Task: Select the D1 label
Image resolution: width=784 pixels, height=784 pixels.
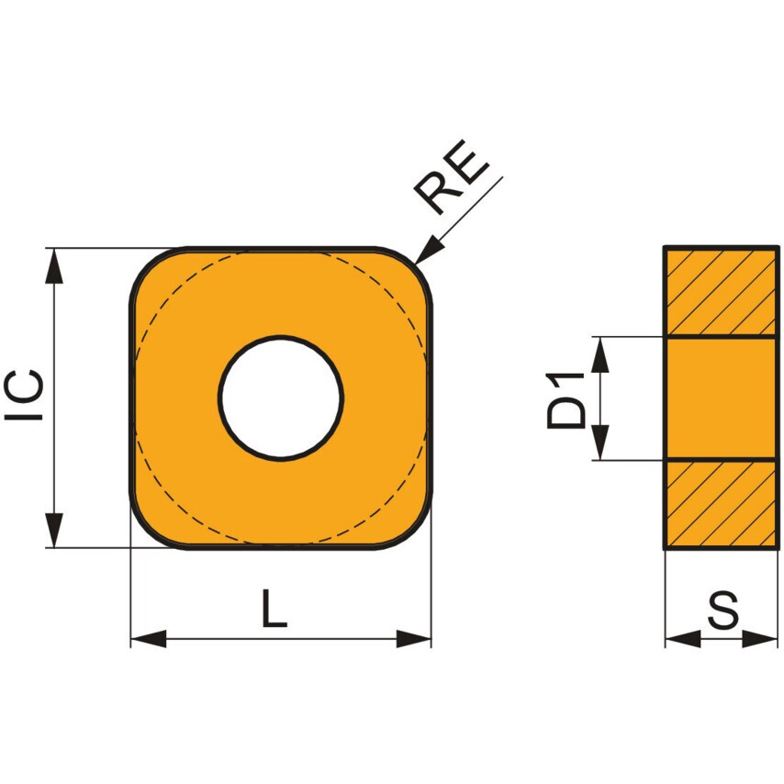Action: coord(566,399)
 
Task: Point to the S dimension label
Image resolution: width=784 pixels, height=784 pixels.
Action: coord(723,612)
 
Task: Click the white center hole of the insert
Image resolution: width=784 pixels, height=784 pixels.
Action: coord(281,398)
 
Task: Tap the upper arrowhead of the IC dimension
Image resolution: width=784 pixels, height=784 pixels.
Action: coord(56,265)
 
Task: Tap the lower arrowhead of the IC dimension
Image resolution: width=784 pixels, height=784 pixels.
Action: coord(56,531)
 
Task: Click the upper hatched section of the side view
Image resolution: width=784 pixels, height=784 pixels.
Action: coord(721,292)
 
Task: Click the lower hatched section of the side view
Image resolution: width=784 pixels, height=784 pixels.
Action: coord(721,503)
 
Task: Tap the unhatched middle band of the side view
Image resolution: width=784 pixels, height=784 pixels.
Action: coord(721,398)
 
